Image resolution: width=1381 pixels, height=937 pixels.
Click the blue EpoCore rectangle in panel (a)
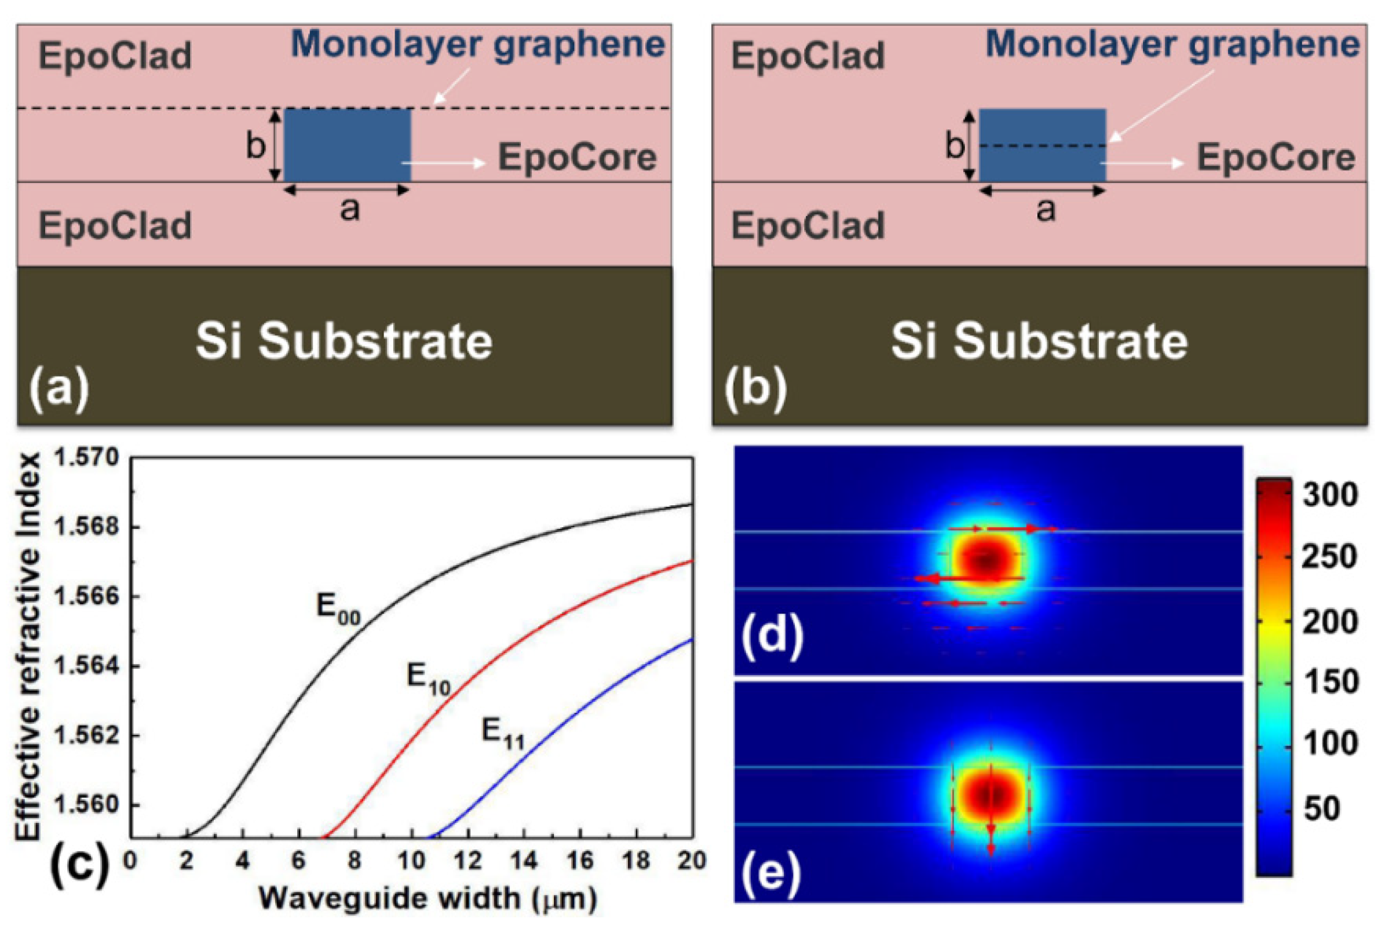click(x=347, y=145)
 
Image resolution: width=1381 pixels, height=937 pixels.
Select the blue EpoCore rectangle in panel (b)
click(x=1042, y=145)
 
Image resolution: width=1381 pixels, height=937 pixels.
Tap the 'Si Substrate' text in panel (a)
click(x=344, y=342)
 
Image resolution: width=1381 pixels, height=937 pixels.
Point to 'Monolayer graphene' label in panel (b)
click(x=1172, y=45)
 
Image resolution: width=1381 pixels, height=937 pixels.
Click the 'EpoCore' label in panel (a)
click(x=577, y=158)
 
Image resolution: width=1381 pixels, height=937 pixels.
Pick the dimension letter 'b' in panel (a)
click(x=255, y=145)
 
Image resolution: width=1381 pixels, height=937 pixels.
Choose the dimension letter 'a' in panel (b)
click(x=1045, y=209)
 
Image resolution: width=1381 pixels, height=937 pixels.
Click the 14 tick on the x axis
click(x=524, y=861)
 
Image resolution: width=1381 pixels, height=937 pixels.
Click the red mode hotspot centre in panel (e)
click(x=990, y=794)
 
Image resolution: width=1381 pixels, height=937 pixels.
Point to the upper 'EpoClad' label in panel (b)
click(x=808, y=56)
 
